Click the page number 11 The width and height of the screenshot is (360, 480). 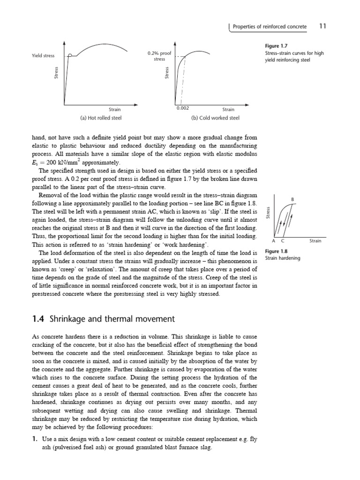pos(322,26)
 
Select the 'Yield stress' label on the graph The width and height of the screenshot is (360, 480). pos(43,56)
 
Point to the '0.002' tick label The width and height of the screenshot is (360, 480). pos(182,108)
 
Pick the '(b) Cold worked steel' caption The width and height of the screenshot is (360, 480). pos(216,118)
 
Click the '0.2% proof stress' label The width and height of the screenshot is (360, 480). pos(159,56)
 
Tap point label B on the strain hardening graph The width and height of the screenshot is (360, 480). pos(293,200)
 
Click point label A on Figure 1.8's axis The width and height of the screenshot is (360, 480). pos(274,241)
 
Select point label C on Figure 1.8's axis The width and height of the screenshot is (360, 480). pos(282,241)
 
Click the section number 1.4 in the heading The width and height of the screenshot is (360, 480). pos(37,319)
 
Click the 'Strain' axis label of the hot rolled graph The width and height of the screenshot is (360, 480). pos(115,110)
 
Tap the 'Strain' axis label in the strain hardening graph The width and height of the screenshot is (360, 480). pos(315,241)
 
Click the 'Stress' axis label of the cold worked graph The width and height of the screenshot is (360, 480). pos(167,72)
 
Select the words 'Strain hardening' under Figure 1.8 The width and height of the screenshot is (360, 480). pos(283,258)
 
